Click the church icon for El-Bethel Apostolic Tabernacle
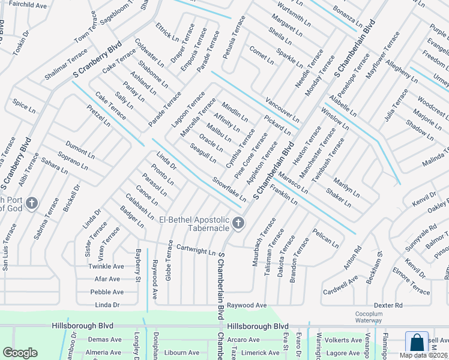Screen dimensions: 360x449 pyautogui.click(x=238, y=224)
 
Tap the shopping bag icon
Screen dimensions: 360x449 pyautogui.click(x=417, y=343)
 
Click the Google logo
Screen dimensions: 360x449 pyautogui.click(x=20, y=353)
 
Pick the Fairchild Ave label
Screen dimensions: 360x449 pyautogui.click(x=28, y=5)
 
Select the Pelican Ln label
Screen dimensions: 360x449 pyautogui.click(x=325, y=238)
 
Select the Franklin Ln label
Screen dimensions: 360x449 pyautogui.click(x=284, y=196)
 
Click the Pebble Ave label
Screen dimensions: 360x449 pyautogui.click(x=107, y=292)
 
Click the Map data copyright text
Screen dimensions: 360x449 pyautogui.click(x=423, y=355)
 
